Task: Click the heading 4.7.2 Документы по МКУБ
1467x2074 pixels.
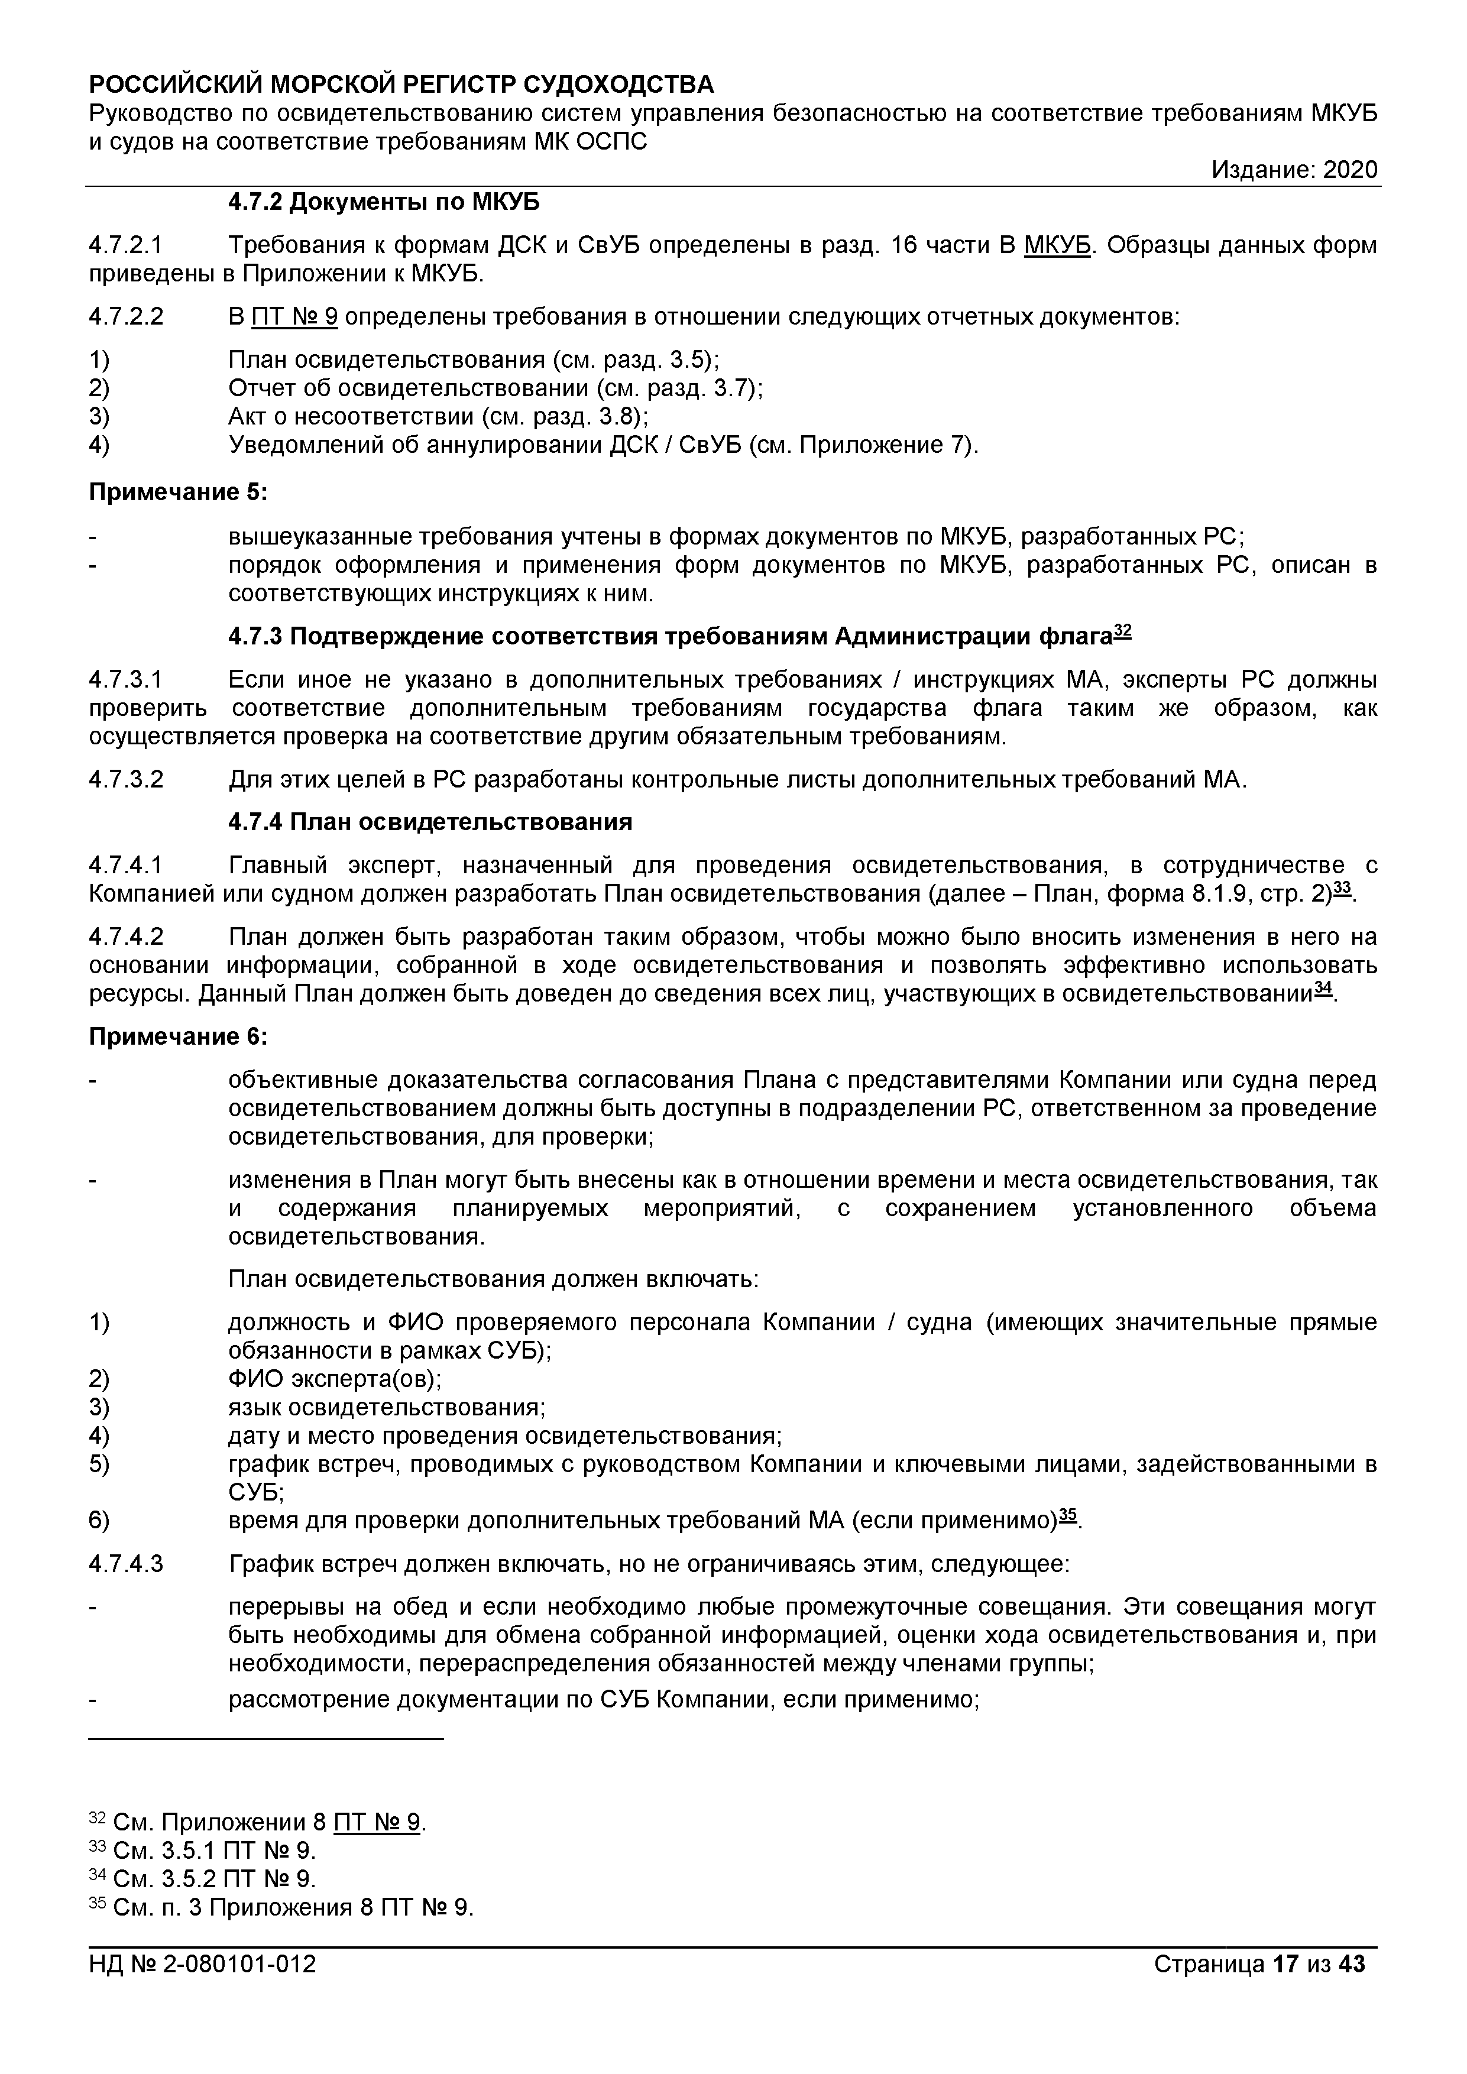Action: (x=383, y=202)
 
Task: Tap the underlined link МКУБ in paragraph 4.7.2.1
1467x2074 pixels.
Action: (x=1057, y=246)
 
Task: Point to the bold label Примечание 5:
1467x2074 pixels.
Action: (x=179, y=493)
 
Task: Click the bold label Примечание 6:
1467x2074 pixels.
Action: (x=179, y=1037)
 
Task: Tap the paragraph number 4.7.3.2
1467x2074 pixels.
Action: (x=127, y=780)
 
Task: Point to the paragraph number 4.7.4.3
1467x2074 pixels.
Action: (x=127, y=1564)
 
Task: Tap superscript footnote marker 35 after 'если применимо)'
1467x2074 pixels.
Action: (x=1068, y=1515)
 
